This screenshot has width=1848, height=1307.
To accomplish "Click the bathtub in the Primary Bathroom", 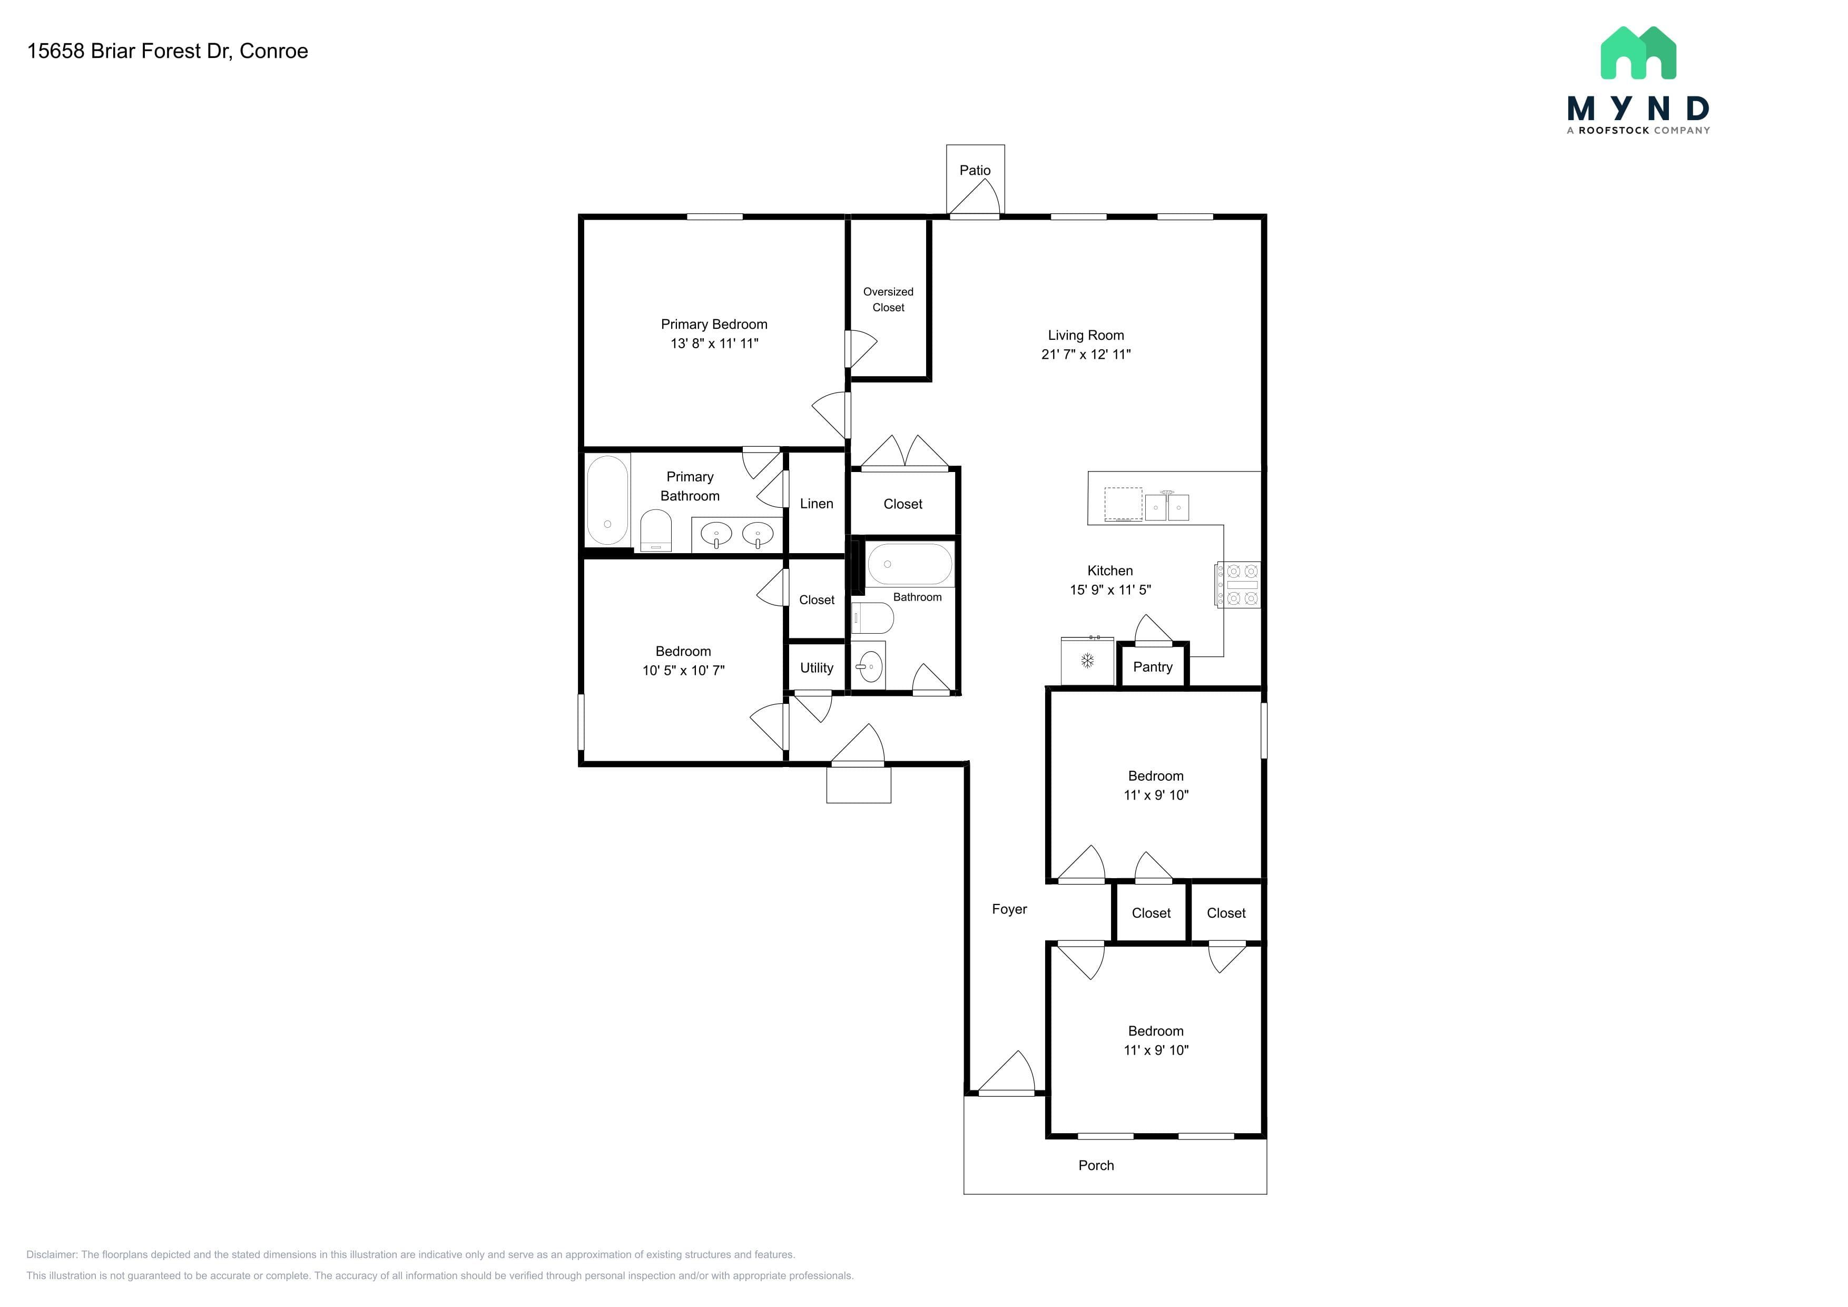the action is pos(608,500).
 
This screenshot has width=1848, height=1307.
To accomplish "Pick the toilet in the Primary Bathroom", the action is pos(656,531).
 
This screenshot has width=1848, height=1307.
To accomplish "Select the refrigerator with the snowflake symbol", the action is pos(1087,661).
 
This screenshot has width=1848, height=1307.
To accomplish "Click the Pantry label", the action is pos(1153,667).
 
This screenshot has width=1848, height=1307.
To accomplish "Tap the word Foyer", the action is pos(1009,909).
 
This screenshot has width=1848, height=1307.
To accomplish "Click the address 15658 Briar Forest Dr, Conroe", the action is pos(168,51).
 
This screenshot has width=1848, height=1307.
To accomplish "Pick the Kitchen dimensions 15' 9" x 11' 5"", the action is pos(1110,590).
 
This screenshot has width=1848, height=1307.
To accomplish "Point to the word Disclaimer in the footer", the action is pos(52,1255).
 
